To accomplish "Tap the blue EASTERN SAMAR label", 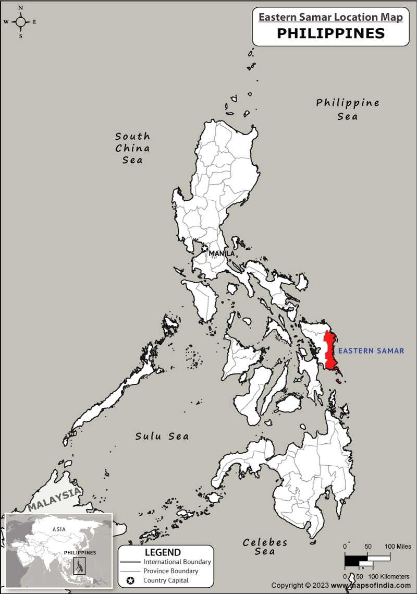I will pos(371,351).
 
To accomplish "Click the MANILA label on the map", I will pos(222,253).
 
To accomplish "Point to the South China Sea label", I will pos(132,148).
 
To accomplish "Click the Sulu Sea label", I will pos(162,436).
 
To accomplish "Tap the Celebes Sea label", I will pos(265,547).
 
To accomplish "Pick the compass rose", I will pos(21,22).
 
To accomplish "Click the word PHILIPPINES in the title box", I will pos(330,33).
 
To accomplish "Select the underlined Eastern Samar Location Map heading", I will pos(330,17).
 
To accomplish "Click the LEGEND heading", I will pos(163,552).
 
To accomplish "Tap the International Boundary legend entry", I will pos(177,562).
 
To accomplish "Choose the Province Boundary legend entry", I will pos(170,571).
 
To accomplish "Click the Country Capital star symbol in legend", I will pos(131,580).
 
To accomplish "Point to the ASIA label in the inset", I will pos(59,529).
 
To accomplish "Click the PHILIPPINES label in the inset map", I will pos(80,552).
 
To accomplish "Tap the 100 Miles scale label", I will pos(398,546).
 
